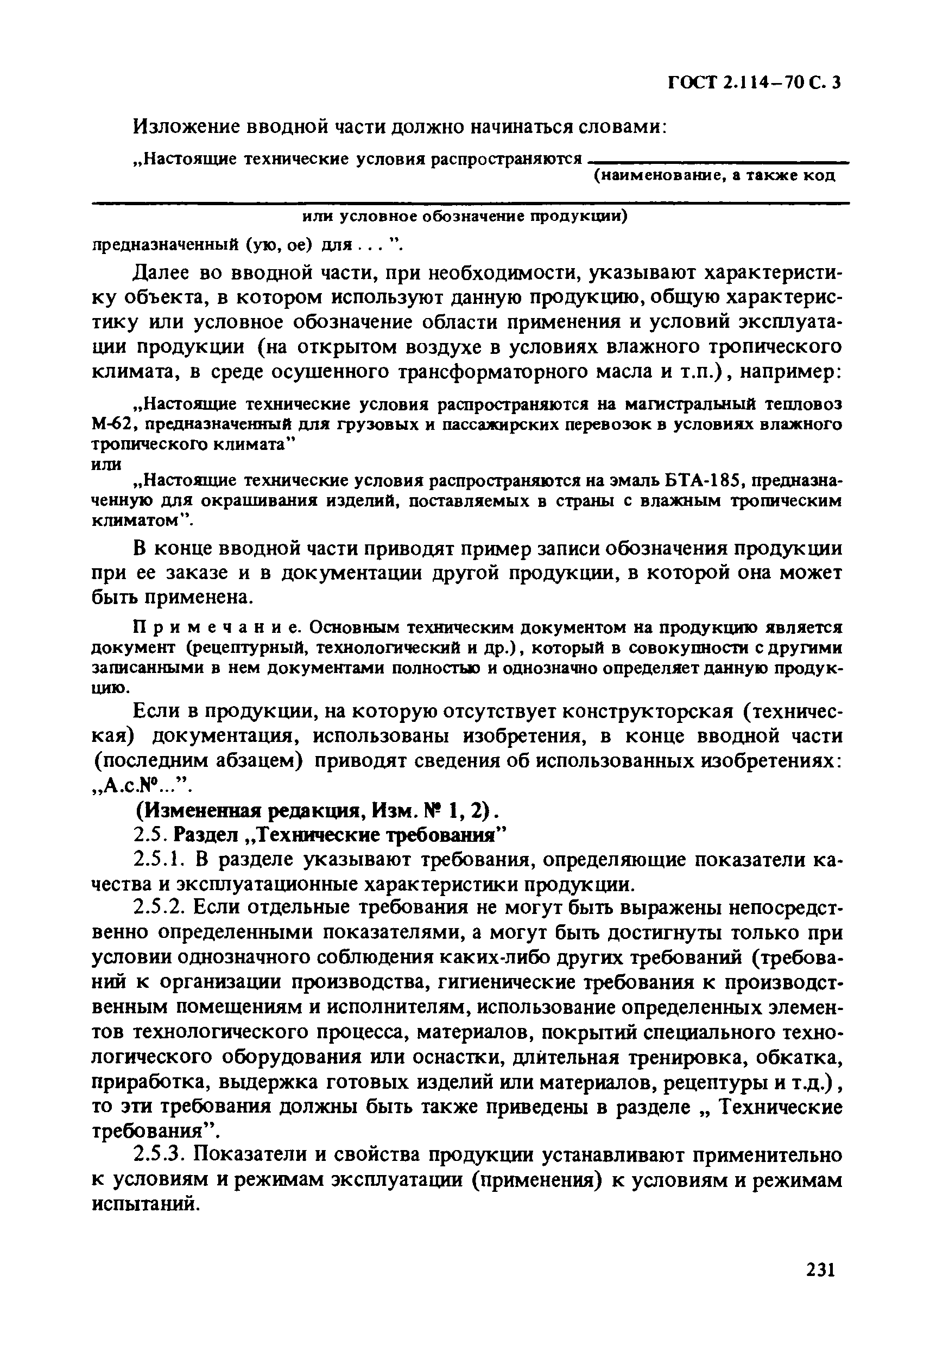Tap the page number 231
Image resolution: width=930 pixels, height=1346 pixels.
pyautogui.click(x=821, y=1268)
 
